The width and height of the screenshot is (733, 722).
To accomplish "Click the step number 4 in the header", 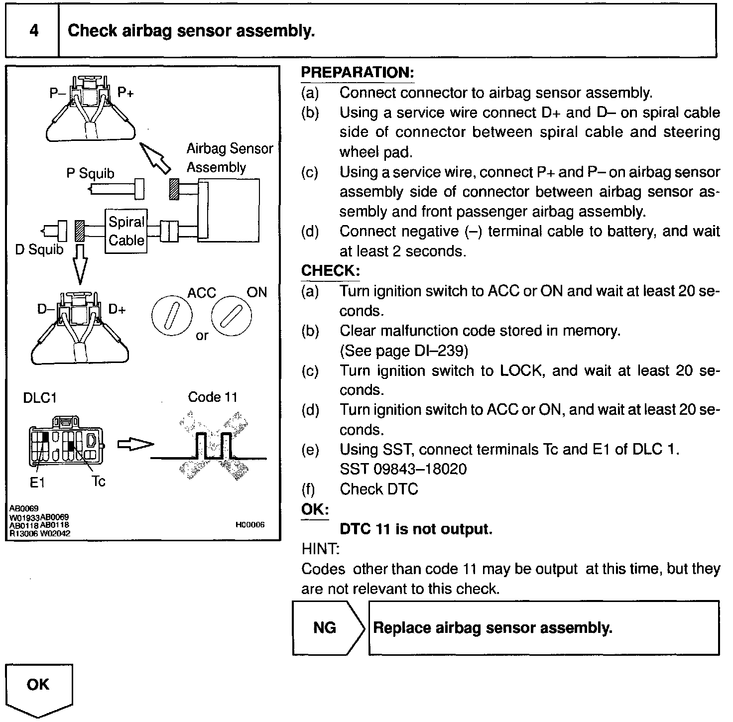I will tap(33, 31).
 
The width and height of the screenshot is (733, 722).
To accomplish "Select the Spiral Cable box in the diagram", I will tap(126, 231).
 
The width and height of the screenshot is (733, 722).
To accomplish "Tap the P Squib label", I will tap(90, 173).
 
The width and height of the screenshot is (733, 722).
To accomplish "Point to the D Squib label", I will tap(39, 249).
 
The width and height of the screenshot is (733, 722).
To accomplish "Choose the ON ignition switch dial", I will tap(231, 316).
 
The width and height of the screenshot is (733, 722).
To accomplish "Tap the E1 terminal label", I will tap(37, 482).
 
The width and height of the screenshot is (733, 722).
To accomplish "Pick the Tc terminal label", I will tap(98, 481).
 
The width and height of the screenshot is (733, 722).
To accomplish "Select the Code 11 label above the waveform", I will tap(212, 397).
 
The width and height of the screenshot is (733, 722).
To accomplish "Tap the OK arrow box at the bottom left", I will tap(38, 686).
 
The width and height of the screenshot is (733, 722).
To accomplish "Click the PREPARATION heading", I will tap(358, 72).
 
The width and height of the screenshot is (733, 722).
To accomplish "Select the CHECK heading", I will tap(330, 271).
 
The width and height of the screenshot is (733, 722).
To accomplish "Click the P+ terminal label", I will tap(125, 92).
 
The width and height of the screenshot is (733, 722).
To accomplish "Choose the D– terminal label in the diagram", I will tap(45, 309).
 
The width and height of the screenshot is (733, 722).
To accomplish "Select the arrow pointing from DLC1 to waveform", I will tap(135, 444).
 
